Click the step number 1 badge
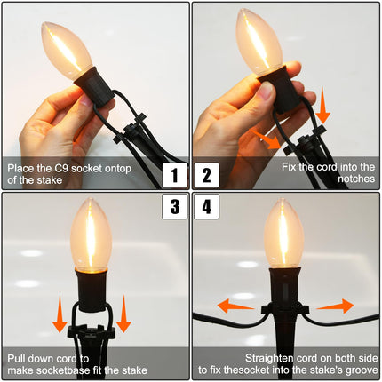point(175,175)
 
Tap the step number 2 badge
point(207,175)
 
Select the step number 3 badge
point(175,206)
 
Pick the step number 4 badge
point(207,206)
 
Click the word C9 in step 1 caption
point(61,168)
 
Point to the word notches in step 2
point(356,179)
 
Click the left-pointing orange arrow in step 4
point(235,306)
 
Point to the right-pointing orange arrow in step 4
point(335,306)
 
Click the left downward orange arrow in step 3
point(60,314)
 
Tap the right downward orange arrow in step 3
point(123,314)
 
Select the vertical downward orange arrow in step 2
point(322,105)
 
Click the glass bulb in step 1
point(67,50)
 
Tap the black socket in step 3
point(92,290)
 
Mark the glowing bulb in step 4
point(284,234)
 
